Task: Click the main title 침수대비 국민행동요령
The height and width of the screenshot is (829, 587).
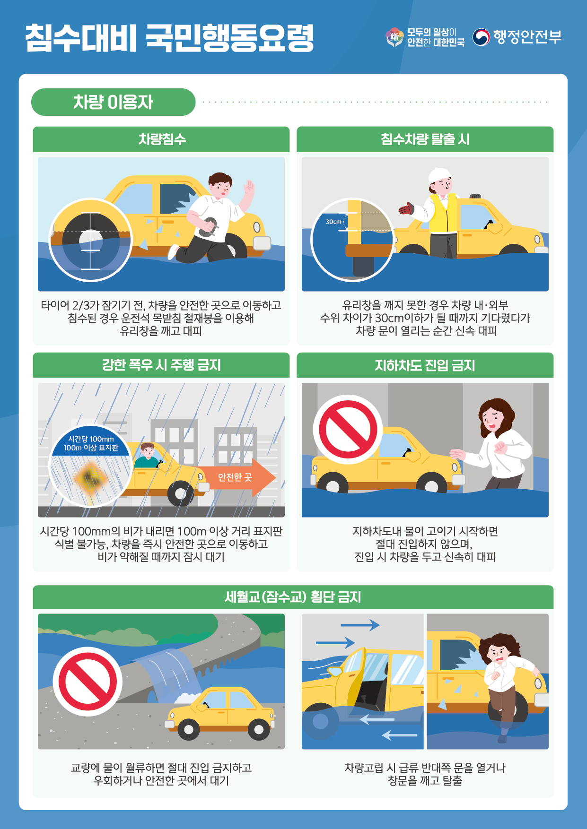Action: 169,37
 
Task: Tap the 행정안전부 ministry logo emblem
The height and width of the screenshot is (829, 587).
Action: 481,37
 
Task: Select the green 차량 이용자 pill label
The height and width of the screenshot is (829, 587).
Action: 113,102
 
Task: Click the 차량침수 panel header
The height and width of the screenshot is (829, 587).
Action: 161,139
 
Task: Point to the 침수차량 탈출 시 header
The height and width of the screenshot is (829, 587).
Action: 425,139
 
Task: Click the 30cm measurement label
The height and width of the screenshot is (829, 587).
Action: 333,222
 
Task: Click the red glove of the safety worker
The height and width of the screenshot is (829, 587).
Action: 406,208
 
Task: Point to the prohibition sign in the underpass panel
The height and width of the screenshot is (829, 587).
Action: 348,429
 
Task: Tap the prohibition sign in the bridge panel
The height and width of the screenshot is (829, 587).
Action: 88,682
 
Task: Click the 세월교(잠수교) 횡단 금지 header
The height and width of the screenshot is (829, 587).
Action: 293,597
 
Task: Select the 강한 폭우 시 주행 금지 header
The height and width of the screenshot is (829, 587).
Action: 161,365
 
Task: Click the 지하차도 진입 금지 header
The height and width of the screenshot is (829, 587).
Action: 425,365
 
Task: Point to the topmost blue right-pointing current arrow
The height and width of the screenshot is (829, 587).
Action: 360,625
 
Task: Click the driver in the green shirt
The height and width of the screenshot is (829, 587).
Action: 147,456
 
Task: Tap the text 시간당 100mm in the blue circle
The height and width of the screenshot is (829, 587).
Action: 91,439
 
